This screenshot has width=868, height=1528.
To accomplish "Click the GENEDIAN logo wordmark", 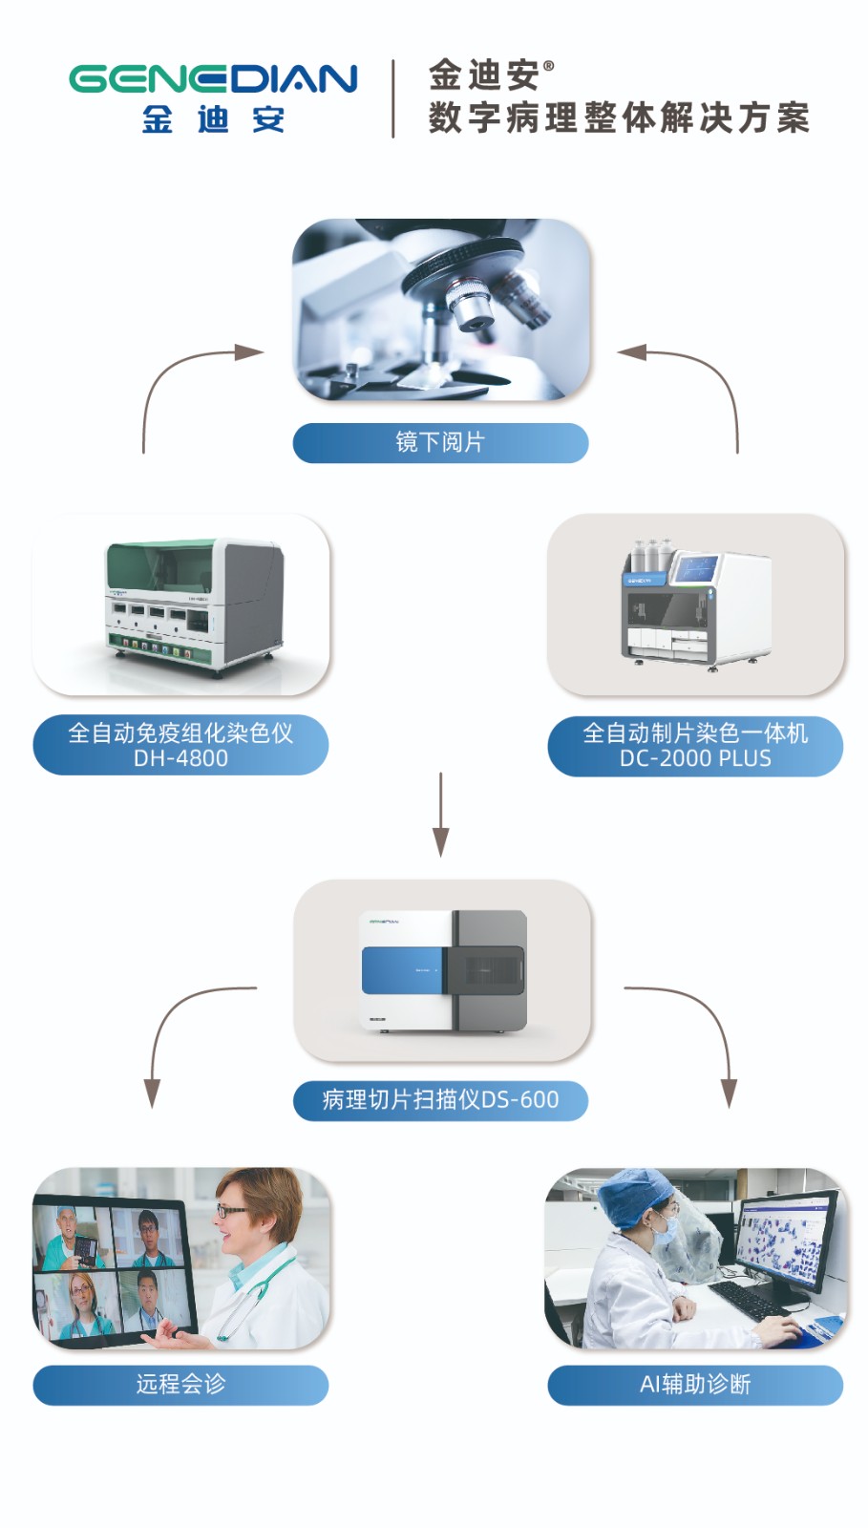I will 213,79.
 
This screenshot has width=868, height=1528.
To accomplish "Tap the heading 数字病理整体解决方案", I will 619,118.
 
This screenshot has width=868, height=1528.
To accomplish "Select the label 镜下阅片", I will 440,442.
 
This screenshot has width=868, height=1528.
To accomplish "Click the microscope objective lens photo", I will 441,308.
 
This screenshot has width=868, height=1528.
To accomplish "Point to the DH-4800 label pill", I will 180,745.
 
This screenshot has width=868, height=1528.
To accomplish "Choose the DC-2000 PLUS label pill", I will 695,746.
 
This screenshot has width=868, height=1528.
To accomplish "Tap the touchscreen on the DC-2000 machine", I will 694,568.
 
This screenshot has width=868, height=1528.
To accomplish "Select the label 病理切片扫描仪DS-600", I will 440,1100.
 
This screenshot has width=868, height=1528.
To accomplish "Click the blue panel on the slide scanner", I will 402,970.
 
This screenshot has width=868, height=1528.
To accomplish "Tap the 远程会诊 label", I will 180,1384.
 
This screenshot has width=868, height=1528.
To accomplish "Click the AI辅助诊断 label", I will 695,1384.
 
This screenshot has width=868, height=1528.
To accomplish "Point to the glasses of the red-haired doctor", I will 231,1210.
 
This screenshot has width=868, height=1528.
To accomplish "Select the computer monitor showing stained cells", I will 783,1240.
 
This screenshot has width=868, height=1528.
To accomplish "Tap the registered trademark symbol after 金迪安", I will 548,66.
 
